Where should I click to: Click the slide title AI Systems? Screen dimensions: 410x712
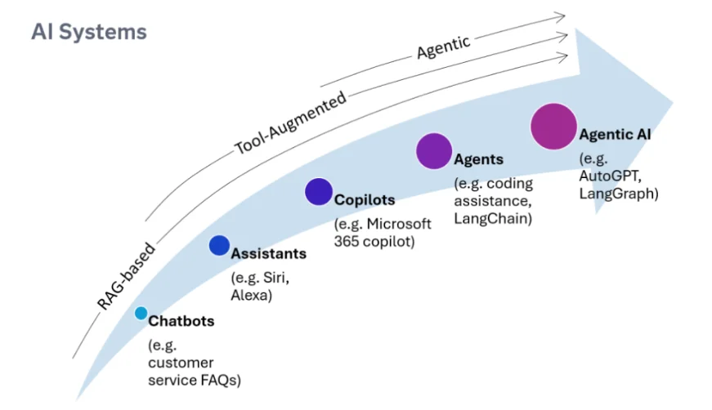[88, 32]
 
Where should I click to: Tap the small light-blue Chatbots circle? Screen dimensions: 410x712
[141, 313]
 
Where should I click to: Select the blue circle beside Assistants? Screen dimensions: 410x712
[218, 245]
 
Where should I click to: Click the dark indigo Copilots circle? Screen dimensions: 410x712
[319, 191]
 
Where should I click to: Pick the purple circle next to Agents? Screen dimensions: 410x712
[434, 150]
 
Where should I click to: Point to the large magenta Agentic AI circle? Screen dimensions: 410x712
[553, 127]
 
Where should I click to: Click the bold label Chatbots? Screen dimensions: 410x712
[181, 321]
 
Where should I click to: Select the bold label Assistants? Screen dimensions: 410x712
[269, 253]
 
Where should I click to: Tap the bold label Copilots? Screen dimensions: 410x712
[365, 199]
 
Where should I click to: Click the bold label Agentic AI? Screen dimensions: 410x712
[616, 135]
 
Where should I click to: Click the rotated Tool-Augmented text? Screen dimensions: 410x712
[290, 122]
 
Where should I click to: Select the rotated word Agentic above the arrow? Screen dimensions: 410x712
[443, 47]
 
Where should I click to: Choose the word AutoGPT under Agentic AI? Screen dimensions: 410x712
[606, 176]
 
